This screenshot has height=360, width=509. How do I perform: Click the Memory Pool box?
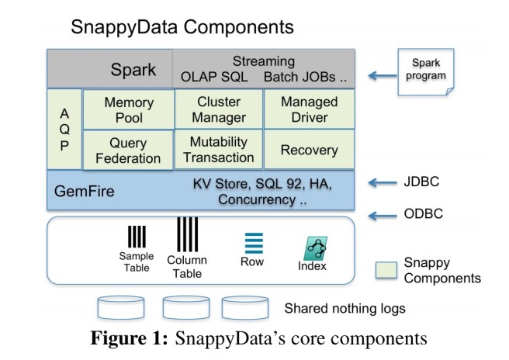pyautogui.click(x=128, y=109)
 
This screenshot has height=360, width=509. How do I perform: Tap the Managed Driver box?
pyautogui.click(x=309, y=109)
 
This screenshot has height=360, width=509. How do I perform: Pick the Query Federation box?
pyautogui.click(x=128, y=150)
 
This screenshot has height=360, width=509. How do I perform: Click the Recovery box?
pyautogui.click(x=309, y=150)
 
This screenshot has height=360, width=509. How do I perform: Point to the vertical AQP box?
pyautogui.click(x=64, y=129)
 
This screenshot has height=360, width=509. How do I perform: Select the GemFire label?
pyautogui.click(x=84, y=189)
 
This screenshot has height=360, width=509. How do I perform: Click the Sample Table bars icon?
pyautogui.click(x=137, y=236)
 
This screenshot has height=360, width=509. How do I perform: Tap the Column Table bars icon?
pyautogui.click(x=187, y=234)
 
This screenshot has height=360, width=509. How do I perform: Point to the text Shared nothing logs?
pyautogui.click(x=345, y=309)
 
